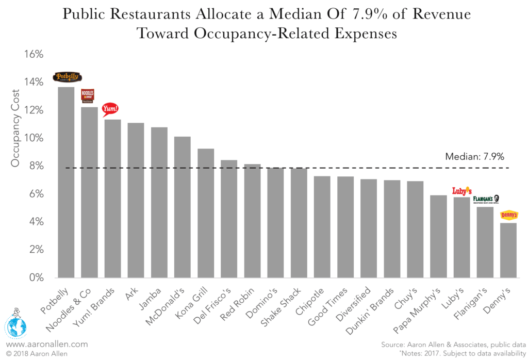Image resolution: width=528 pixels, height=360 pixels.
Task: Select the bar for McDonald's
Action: [x=182, y=207]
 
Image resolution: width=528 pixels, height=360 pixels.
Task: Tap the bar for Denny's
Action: [x=508, y=250]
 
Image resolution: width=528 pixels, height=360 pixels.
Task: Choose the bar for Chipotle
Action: [x=322, y=227]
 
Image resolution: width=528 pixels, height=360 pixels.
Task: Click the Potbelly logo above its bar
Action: [x=67, y=77]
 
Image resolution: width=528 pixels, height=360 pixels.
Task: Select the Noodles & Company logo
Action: [x=88, y=95]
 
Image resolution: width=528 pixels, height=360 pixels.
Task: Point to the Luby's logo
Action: [x=461, y=191]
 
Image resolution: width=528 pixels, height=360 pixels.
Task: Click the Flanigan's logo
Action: [x=486, y=199]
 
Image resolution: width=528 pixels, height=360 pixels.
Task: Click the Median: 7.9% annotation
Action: [x=474, y=156]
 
